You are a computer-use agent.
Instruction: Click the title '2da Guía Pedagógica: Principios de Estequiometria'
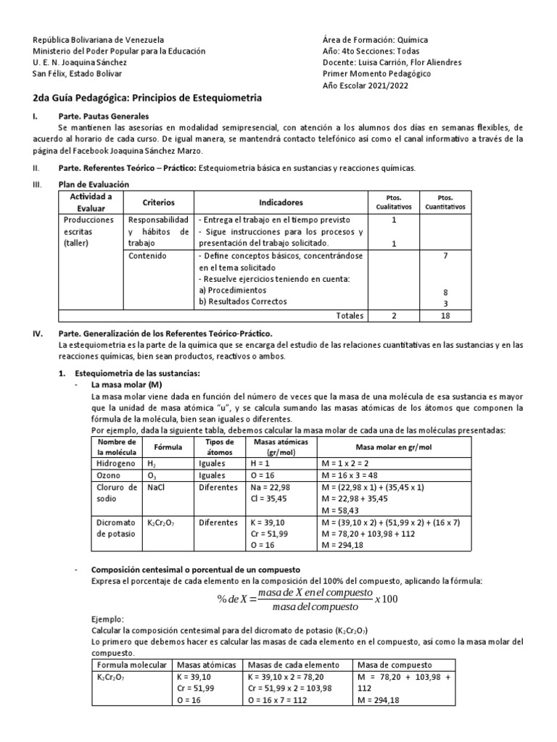point(147,98)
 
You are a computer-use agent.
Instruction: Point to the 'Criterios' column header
point(159,202)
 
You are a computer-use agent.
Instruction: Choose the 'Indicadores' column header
point(281,202)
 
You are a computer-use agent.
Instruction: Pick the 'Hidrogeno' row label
point(111,462)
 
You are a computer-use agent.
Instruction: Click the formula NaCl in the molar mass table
point(156,488)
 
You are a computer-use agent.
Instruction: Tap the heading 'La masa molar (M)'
point(125,384)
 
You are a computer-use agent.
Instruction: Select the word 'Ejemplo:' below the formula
point(108,620)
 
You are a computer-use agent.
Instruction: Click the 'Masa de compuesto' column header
point(394,665)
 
